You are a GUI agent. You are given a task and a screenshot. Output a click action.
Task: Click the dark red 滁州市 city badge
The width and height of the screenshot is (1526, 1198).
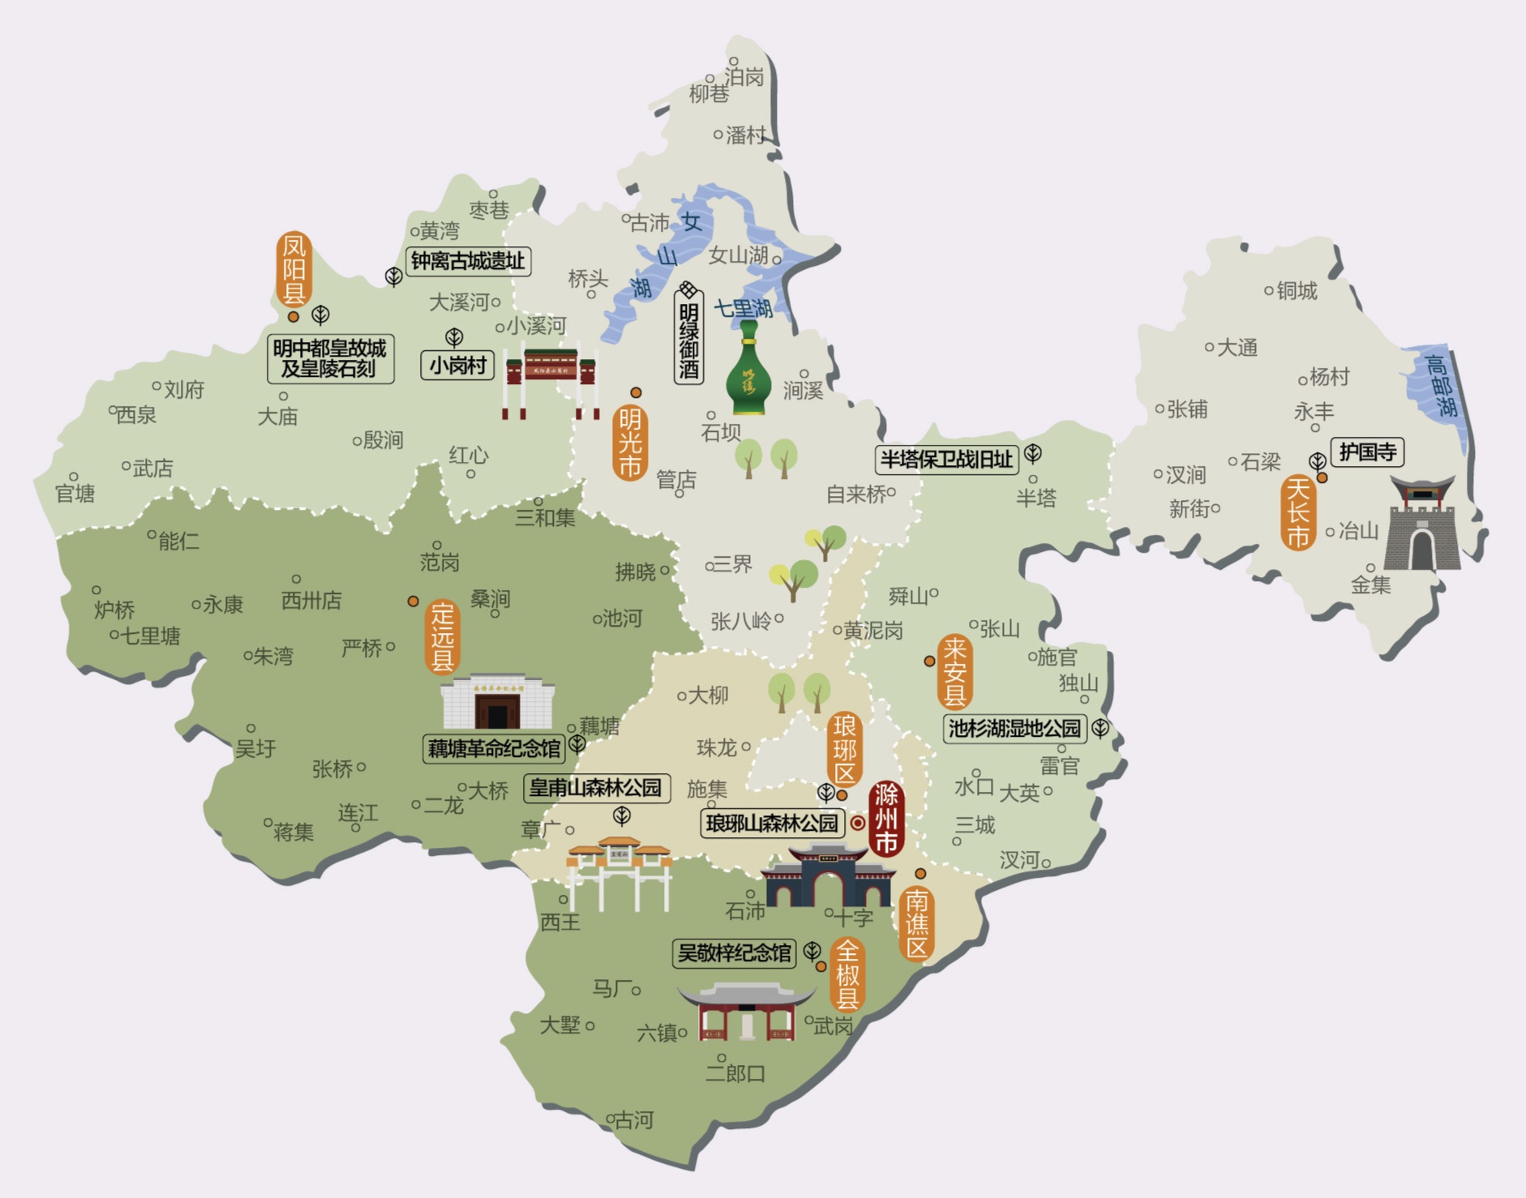(886, 819)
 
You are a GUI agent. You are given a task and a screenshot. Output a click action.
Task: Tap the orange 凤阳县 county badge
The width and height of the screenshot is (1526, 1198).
(294, 269)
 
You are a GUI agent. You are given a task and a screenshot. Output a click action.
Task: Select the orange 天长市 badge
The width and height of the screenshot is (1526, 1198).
(1298, 512)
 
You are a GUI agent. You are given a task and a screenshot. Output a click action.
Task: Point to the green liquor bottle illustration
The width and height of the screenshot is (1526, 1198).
(748, 369)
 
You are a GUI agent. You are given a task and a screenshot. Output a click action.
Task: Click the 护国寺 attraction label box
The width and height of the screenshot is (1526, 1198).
(1367, 451)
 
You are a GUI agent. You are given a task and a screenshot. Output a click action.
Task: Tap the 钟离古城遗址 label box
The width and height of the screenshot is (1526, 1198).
(468, 261)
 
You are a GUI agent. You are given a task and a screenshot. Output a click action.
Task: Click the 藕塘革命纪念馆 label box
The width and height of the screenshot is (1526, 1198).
(494, 748)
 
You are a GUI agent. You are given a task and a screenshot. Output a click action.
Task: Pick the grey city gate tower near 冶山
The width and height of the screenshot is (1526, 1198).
(1423, 524)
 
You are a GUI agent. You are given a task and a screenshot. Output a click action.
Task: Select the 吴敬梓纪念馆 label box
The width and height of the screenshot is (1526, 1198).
(735, 953)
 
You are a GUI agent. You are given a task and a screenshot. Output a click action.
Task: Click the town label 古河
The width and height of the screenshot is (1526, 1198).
(633, 1120)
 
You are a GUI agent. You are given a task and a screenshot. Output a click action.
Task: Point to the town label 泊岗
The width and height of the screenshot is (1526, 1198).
(744, 76)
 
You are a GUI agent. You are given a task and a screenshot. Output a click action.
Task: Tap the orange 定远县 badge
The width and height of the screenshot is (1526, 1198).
(442, 637)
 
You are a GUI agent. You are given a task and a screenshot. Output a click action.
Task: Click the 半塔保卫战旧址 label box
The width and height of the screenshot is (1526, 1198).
(946, 460)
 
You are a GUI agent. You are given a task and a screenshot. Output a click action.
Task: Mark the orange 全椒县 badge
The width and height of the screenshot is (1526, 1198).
(847, 974)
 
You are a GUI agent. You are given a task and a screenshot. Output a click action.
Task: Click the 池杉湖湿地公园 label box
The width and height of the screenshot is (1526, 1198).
(1014, 728)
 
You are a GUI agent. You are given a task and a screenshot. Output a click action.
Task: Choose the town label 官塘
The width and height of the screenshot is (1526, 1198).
(75, 493)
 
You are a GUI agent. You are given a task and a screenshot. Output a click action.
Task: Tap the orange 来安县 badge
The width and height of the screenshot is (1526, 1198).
(954, 671)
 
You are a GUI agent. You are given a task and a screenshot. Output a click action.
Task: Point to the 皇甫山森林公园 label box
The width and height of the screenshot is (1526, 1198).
(596, 787)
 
